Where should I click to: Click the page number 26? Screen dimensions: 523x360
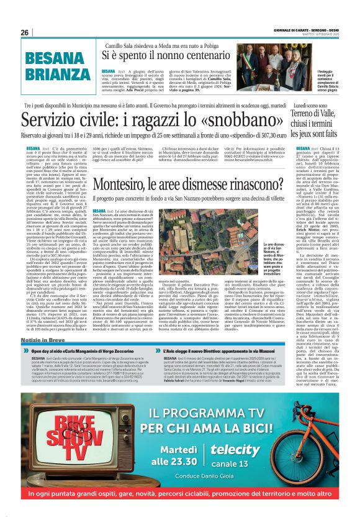(25, 32)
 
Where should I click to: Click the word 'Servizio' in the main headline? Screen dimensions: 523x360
(53, 119)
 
